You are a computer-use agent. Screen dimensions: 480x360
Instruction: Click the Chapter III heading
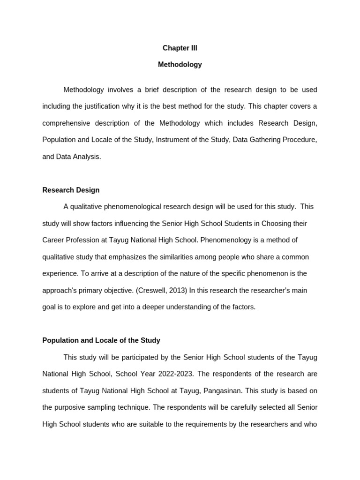[180, 48]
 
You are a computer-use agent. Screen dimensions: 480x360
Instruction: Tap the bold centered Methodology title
[180, 65]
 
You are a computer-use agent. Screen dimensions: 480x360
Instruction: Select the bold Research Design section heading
[71, 190]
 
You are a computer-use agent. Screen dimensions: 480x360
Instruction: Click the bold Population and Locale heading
[101, 340]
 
